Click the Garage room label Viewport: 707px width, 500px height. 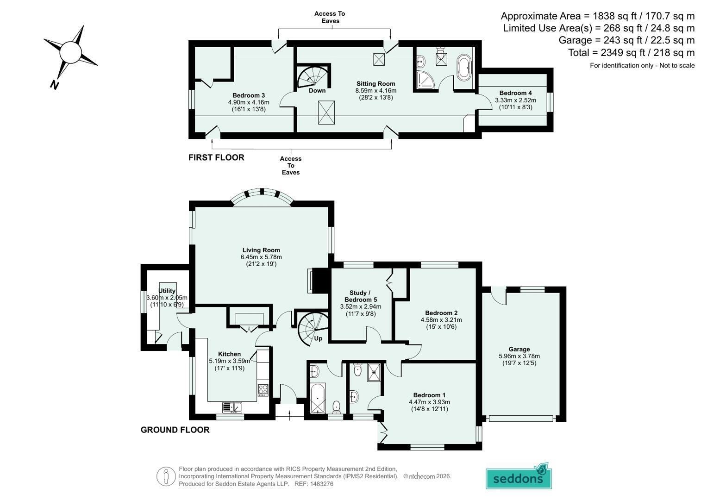pyautogui.click(x=519, y=349)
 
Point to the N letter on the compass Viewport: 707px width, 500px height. pyautogui.click(x=54, y=85)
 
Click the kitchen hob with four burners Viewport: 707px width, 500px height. pyautogui.click(x=263, y=390)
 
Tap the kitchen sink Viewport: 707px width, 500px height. pyautogui.click(x=232, y=407)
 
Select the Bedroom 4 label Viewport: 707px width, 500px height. pyautogui.click(x=515, y=93)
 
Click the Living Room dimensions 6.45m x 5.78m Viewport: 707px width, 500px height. pyautogui.click(x=261, y=257)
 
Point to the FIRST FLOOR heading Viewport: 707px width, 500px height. pyautogui.click(x=216, y=157)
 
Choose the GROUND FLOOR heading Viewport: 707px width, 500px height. pyautogui.click(x=175, y=430)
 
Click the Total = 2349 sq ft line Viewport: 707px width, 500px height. pyautogui.click(x=631, y=52)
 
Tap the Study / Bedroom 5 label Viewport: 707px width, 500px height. pyautogui.click(x=360, y=296)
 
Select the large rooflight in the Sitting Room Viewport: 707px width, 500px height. pyautogui.click(x=326, y=112)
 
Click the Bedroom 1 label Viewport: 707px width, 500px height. pyautogui.click(x=429, y=395)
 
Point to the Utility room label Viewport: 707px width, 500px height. pyautogui.click(x=167, y=291)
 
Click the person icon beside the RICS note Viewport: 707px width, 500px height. pyautogui.click(x=166, y=476)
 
